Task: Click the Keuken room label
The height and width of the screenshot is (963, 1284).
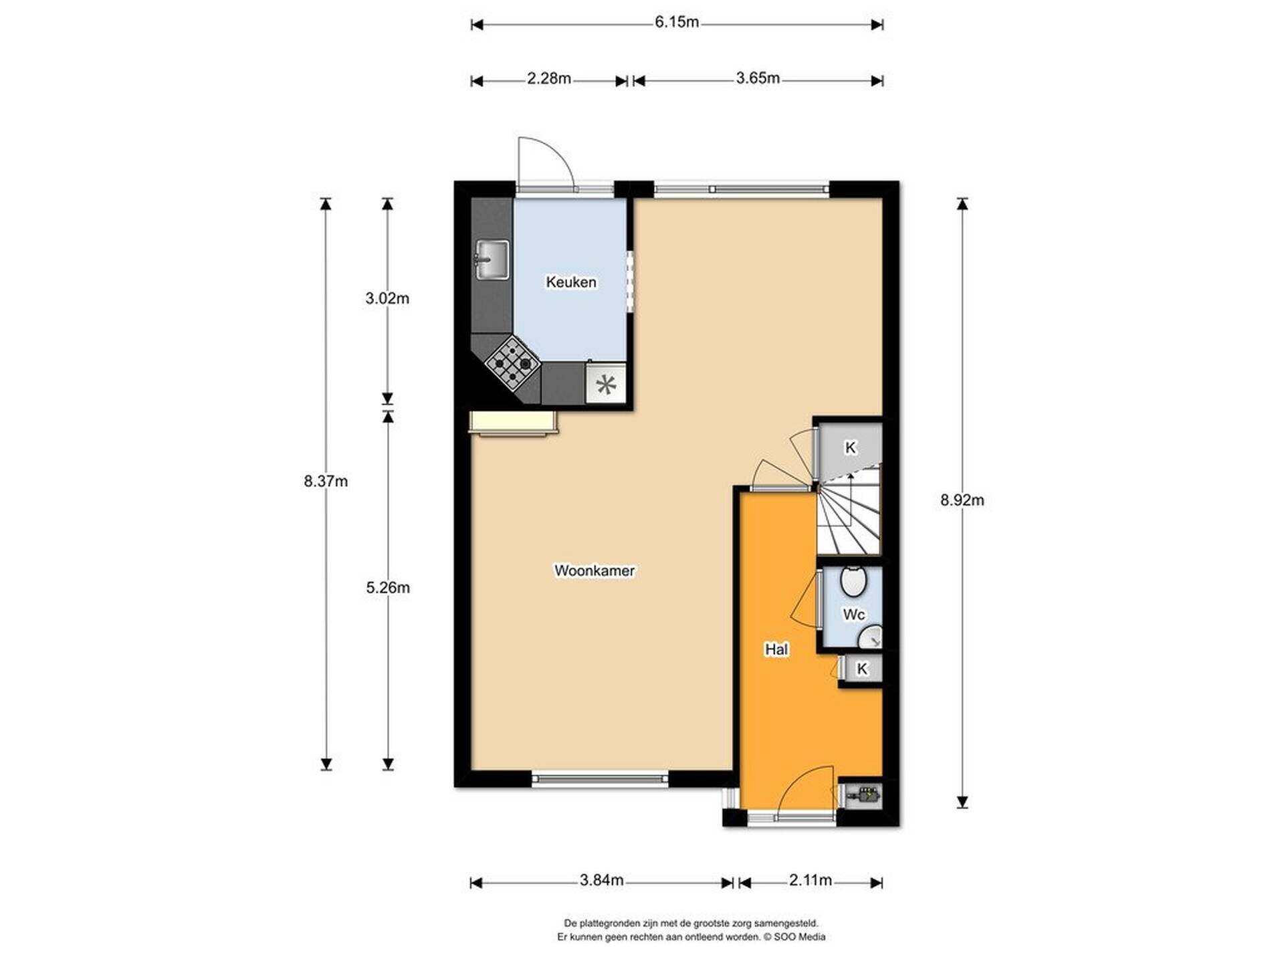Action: point(571,282)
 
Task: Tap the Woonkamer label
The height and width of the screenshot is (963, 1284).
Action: point(595,570)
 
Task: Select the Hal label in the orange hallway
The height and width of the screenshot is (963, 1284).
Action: point(776,649)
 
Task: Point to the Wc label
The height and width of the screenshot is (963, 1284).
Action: point(854,615)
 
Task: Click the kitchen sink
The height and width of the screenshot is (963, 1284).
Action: point(492,260)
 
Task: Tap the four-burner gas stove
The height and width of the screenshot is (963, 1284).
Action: point(513,364)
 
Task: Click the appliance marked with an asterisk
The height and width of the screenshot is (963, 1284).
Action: point(606,385)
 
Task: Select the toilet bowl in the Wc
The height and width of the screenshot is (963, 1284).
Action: point(853,581)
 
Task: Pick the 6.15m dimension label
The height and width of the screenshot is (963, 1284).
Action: point(677,22)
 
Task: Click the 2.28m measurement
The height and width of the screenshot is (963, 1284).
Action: point(549,78)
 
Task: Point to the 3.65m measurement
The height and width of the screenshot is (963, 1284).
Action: point(758,78)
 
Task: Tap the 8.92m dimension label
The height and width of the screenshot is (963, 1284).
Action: point(962,500)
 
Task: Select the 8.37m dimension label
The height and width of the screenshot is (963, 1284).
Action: point(326,481)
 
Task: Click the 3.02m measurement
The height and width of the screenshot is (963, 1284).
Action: point(387,298)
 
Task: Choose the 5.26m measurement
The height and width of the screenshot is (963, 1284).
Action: point(388,588)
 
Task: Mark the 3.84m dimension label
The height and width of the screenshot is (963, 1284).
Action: point(602,880)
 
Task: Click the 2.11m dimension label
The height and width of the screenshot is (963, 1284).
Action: point(811,880)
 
